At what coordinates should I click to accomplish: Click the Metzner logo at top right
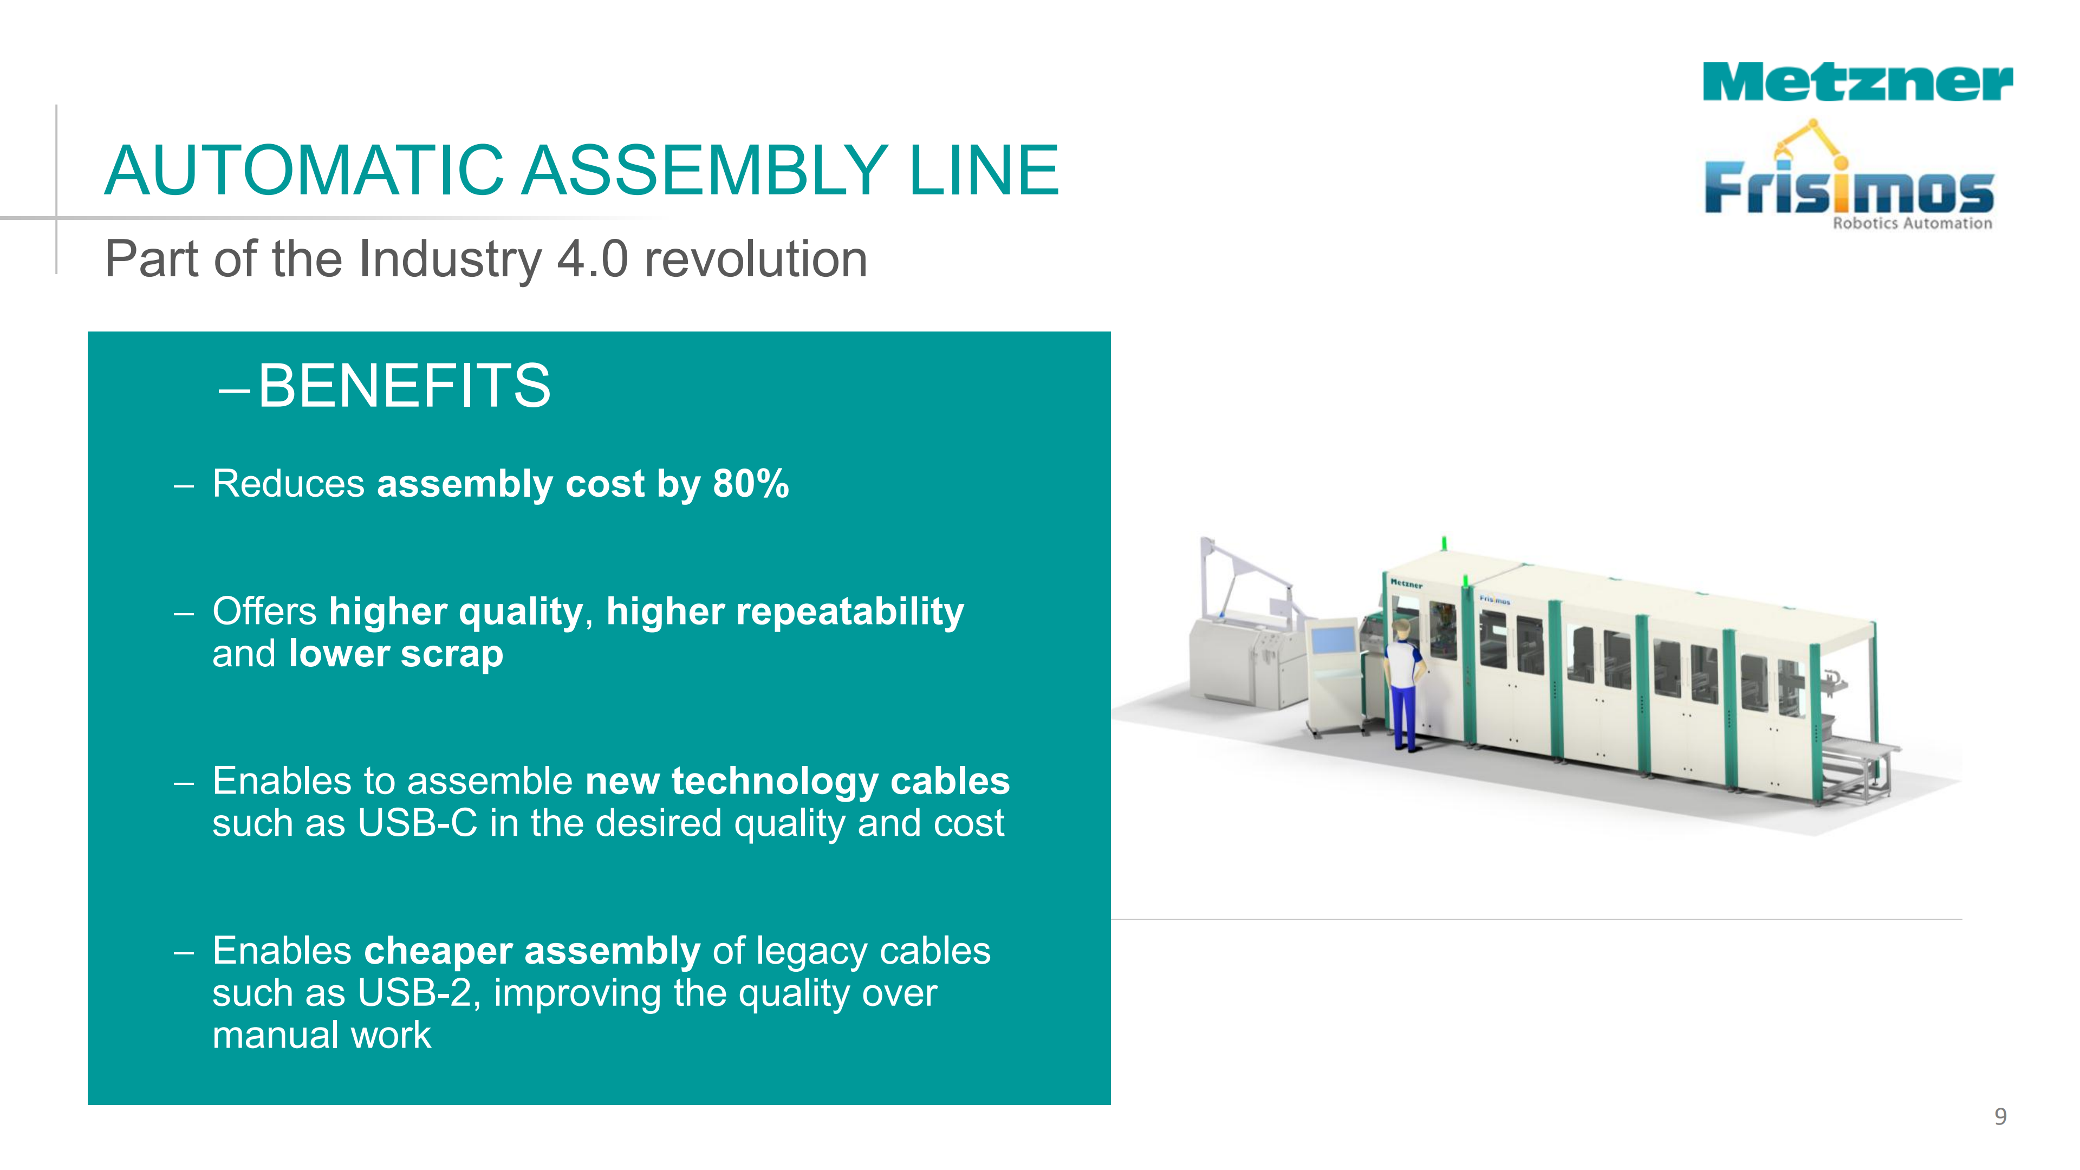[x=1857, y=82]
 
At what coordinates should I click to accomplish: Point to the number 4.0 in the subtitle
[x=593, y=259]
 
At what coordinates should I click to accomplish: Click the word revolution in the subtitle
[x=756, y=259]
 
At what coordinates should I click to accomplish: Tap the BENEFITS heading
[x=404, y=386]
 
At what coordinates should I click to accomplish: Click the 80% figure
[x=751, y=484]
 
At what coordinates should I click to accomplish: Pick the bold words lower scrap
[x=395, y=654]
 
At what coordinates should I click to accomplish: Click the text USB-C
[x=418, y=823]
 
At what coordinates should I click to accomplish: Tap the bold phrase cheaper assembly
[x=531, y=951]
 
